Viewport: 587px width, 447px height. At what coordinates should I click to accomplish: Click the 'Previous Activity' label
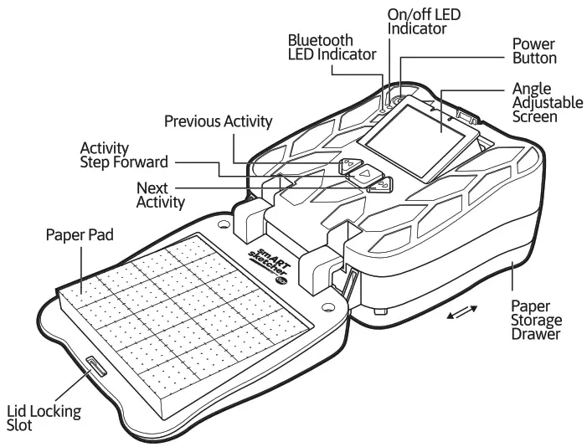point(218,121)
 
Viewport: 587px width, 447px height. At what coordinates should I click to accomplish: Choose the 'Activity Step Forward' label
point(124,154)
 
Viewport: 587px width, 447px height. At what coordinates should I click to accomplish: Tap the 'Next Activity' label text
point(160,193)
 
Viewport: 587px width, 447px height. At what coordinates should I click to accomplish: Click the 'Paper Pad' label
point(80,234)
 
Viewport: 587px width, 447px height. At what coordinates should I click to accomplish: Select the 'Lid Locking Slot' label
point(43,418)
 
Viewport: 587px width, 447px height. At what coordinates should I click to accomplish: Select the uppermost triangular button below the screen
point(350,165)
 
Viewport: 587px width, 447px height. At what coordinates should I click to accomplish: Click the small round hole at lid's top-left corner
point(224,224)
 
